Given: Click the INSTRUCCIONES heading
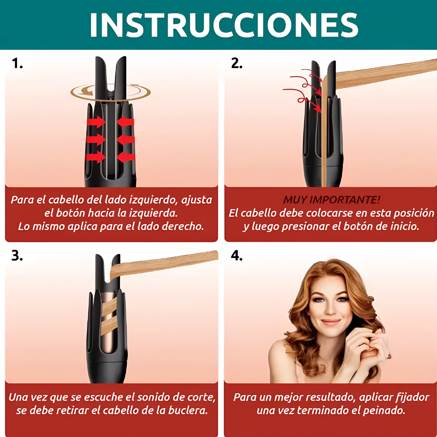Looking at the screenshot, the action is (224, 25).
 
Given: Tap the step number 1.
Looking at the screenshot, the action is (17, 63).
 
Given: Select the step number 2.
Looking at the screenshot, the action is (236, 63).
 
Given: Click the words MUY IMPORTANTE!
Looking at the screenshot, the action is (331, 200).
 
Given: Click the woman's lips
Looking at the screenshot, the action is (331, 322).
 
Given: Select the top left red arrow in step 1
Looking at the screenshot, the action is (96, 122).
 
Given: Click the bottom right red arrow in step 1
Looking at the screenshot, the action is (126, 157).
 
